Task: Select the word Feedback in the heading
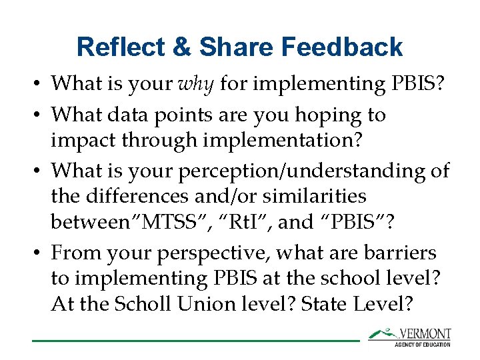tap(341, 47)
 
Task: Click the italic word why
tap(196, 83)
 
